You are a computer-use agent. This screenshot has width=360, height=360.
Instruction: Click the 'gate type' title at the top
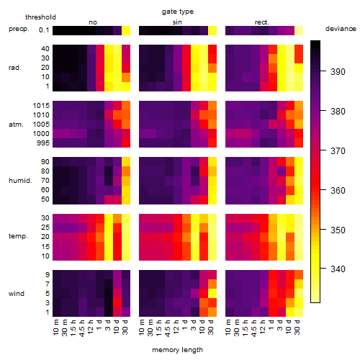(x=178, y=12)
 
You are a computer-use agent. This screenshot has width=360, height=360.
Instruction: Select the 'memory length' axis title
(x=177, y=350)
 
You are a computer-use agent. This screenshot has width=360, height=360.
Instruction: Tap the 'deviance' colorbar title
(x=341, y=29)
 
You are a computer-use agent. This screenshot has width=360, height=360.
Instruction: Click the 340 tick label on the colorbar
(x=338, y=269)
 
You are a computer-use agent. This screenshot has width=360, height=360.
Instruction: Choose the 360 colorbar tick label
(x=338, y=191)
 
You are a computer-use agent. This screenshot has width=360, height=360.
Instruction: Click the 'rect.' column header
(x=262, y=22)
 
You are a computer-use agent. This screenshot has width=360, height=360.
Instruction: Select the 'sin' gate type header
(x=177, y=22)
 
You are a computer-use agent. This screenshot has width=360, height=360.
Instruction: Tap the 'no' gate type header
(x=93, y=22)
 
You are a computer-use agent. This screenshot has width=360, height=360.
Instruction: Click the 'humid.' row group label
(x=20, y=181)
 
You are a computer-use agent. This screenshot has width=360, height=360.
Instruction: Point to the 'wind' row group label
(x=17, y=294)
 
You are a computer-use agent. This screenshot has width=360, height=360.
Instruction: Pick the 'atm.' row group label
(x=16, y=125)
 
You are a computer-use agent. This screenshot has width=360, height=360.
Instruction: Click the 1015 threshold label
(x=41, y=106)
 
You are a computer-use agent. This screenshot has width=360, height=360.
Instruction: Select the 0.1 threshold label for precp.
(x=44, y=30)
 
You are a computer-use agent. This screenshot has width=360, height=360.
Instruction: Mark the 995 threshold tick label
(x=43, y=143)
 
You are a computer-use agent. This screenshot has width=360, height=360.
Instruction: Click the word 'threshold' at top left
(x=40, y=17)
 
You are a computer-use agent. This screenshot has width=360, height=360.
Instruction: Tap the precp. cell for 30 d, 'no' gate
(x=126, y=30)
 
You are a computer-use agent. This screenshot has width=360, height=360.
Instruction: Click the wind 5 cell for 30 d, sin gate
(x=212, y=293)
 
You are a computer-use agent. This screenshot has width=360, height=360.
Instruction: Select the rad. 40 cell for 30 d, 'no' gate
(x=126, y=49)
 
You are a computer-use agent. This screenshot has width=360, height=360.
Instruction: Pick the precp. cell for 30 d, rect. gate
(x=299, y=30)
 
